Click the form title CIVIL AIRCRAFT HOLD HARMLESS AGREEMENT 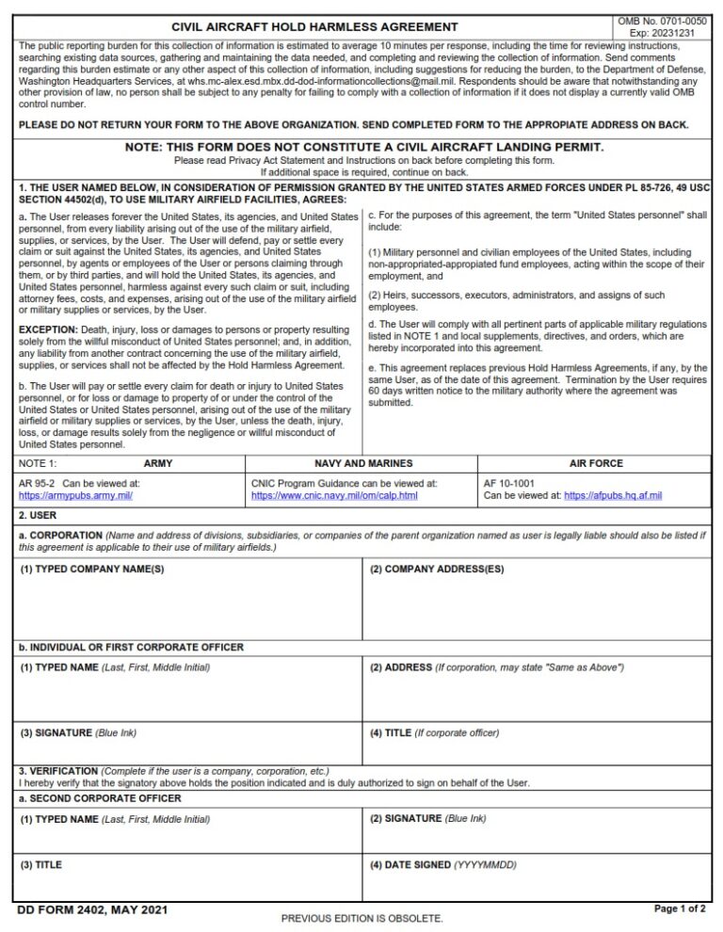coord(314,27)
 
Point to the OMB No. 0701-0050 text coord(662,21)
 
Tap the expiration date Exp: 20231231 coord(662,33)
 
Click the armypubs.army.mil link coord(75,495)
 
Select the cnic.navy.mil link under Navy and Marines coord(334,495)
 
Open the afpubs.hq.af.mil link coord(613,495)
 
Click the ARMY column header coord(158,464)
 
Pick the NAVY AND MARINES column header coord(363,464)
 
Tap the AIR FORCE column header coord(596,464)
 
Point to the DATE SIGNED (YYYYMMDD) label coord(442,864)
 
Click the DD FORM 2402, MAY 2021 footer coord(79,910)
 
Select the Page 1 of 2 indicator coord(680,909)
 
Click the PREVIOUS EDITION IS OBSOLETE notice coord(361,918)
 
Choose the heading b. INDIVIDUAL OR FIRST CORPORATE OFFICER coord(131,648)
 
